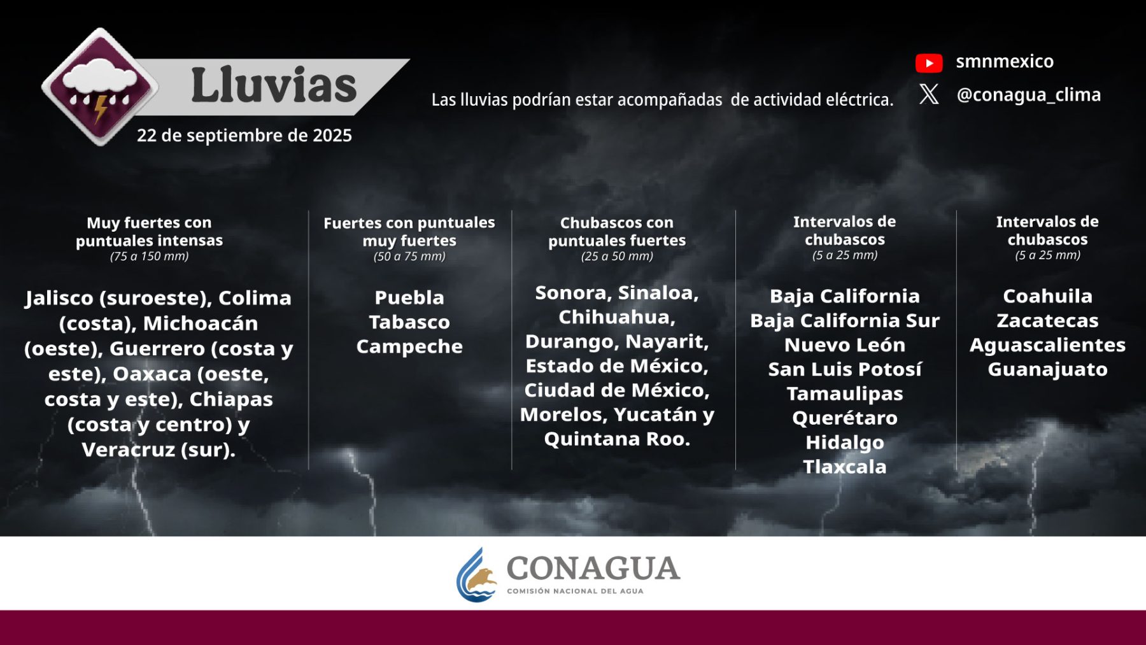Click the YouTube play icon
tap(929, 63)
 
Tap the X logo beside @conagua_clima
tap(929, 94)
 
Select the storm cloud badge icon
tap(100, 87)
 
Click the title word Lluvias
tap(274, 85)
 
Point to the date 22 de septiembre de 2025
tap(244, 136)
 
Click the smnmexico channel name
tap(1005, 61)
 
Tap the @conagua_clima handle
tap(1029, 95)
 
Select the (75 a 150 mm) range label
tap(150, 257)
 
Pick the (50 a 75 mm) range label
tap(409, 257)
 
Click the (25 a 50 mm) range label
tap(617, 257)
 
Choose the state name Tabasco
tap(409, 322)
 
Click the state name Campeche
tap(409, 347)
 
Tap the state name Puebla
tap(409, 297)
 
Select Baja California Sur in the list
tap(845, 320)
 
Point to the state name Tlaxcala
tap(845, 467)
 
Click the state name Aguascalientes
tap(1047, 345)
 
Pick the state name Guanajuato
tap(1047, 369)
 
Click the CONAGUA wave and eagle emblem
tap(476, 575)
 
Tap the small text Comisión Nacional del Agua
tap(575, 592)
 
